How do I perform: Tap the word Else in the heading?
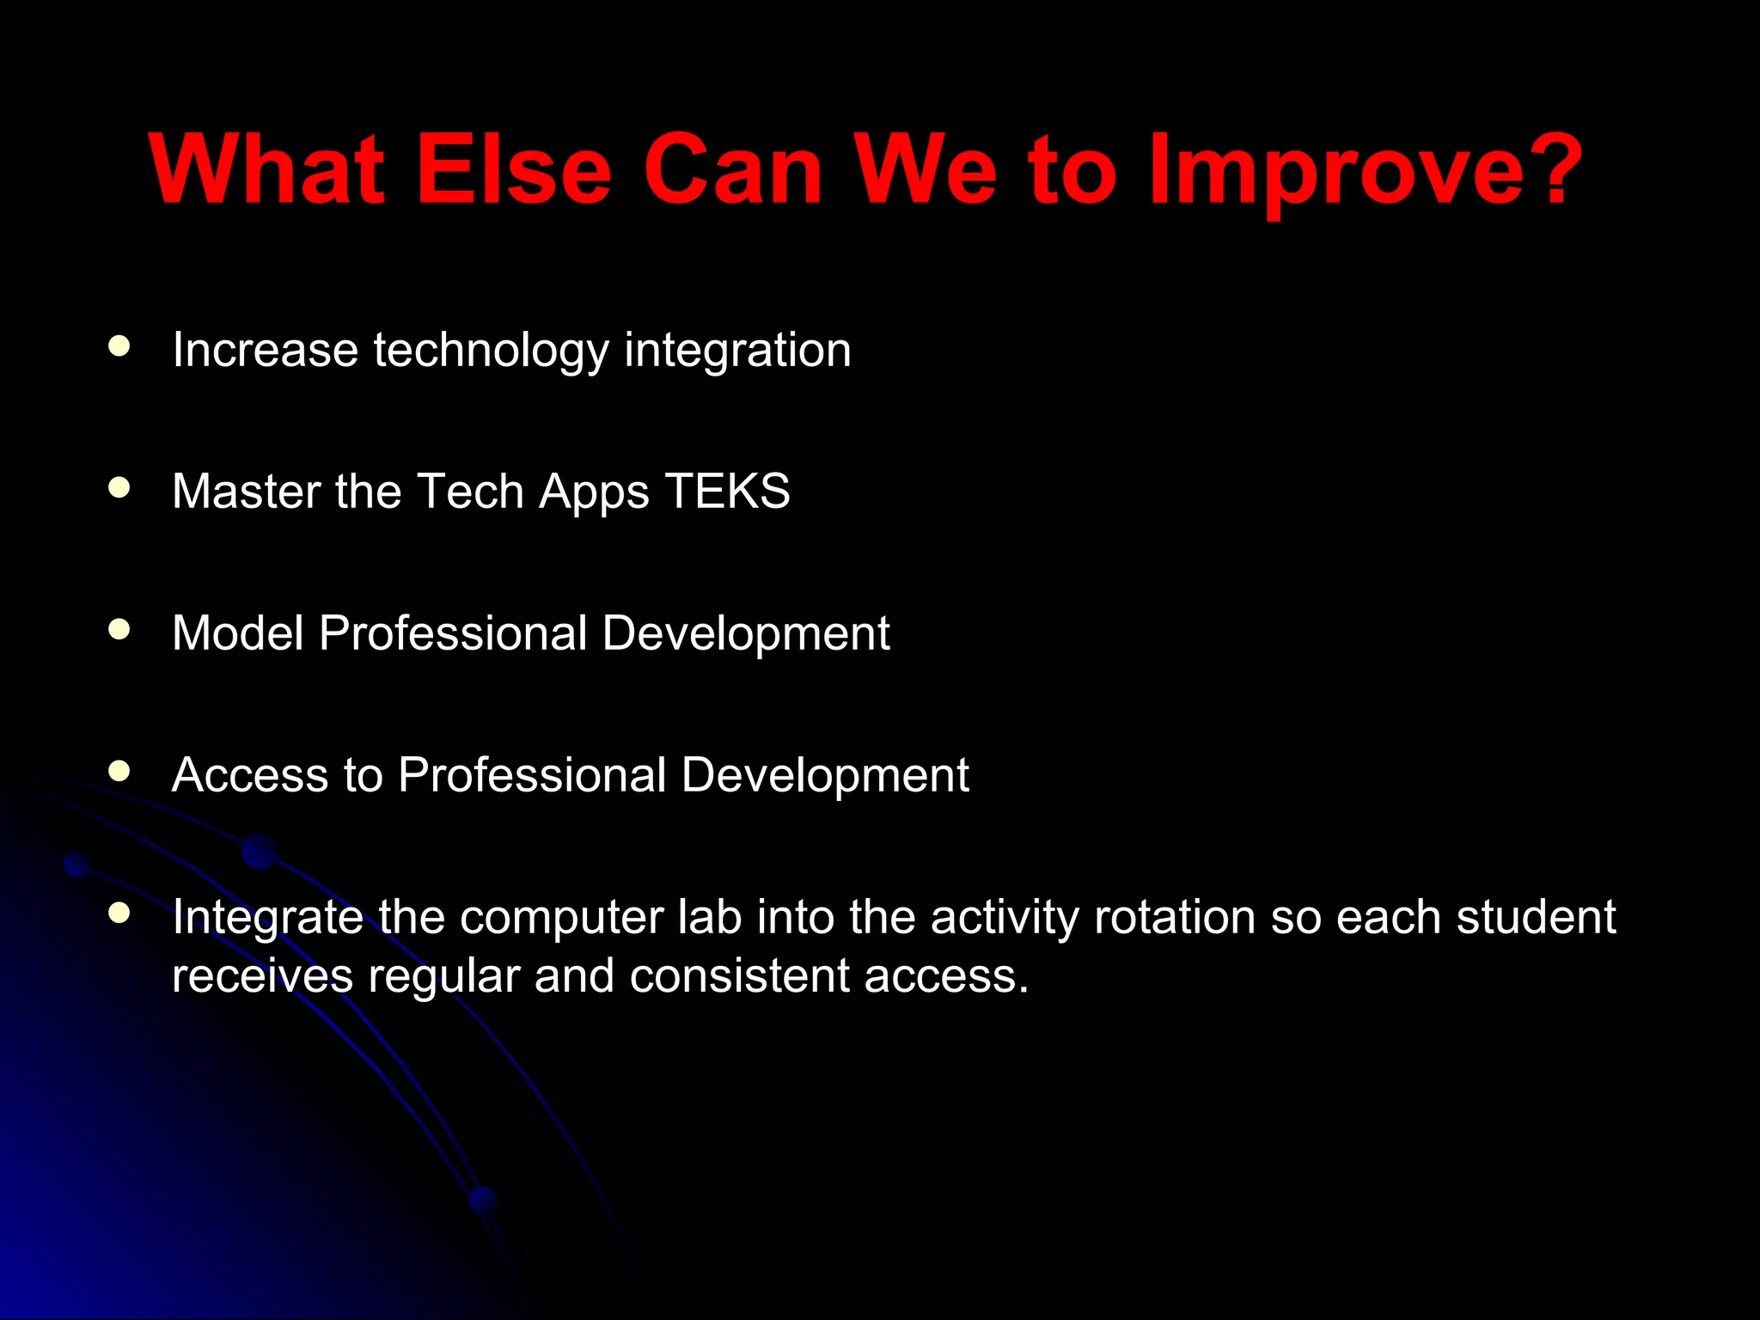coord(512,170)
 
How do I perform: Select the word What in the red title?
coord(266,170)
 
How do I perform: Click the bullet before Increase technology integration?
coord(119,346)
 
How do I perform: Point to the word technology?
coord(491,351)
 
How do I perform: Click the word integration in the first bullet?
coord(737,351)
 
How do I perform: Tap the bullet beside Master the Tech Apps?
coord(119,488)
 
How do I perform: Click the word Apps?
coord(593,493)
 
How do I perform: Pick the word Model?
coord(238,633)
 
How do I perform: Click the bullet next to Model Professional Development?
coord(119,630)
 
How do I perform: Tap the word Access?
coord(250,775)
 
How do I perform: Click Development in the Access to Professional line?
coord(824,775)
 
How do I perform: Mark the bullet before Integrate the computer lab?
coord(119,913)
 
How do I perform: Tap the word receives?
coord(262,976)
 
